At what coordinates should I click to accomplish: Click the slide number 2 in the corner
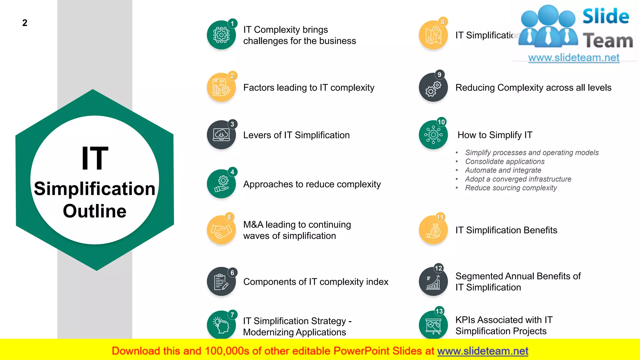pos(25,23)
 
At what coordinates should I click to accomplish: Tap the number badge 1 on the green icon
pos(232,23)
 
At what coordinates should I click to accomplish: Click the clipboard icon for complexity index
pos(221,282)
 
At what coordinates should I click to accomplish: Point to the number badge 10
pos(441,122)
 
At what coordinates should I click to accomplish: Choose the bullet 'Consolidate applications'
pos(505,162)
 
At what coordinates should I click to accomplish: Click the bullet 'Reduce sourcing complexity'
pos(511,188)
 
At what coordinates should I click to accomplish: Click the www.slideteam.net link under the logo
pos(574,57)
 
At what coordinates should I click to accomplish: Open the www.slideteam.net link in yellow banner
pos(482,351)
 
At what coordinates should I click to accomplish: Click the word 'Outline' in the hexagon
pos(95,211)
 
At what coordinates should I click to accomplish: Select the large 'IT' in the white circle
pos(95,158)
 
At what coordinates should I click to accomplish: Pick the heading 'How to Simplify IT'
pos(495,135)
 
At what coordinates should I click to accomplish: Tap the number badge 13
pos(439,311)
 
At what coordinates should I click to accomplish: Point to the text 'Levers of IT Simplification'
pos(296,135)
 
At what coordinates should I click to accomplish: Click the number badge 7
pos(232,315)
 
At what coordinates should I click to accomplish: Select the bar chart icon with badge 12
pos(433,282)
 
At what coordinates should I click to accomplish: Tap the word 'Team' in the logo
pos(608,41)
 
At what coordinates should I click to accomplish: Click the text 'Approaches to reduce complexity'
pos(312,184)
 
